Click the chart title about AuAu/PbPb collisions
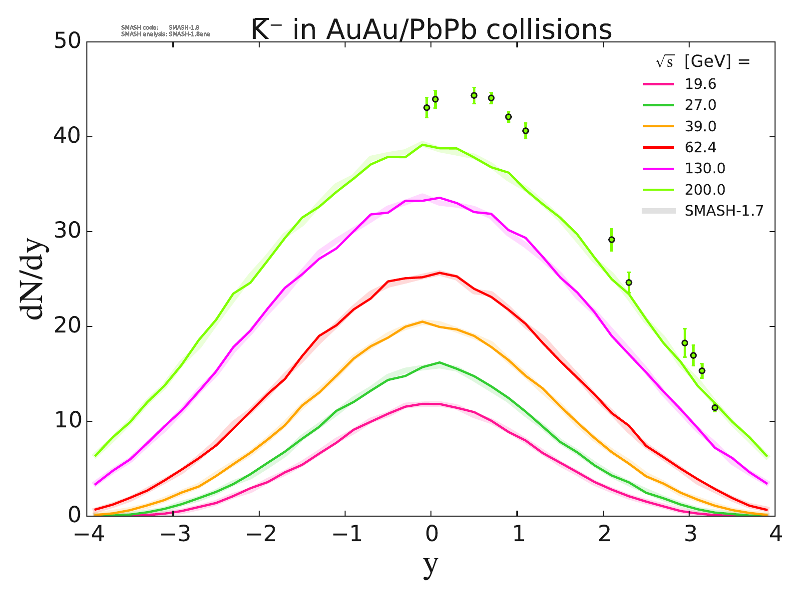click(430, 30)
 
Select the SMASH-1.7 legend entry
click(724, 211)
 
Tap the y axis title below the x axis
click(430, 565)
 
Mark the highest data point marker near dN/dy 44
click(474, 95)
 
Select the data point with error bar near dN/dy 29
click(611, 240)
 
